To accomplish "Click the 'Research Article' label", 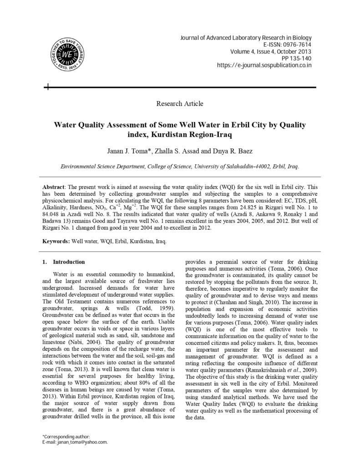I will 180,104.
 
